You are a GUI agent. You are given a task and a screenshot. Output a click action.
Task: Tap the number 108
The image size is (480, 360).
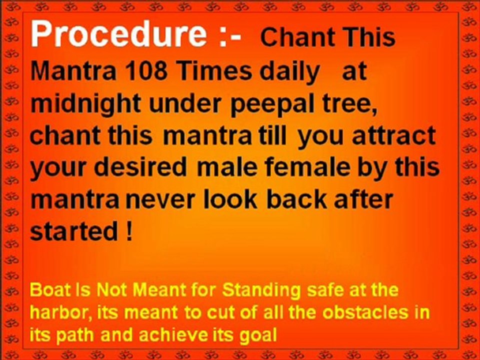click(x=128, y=71)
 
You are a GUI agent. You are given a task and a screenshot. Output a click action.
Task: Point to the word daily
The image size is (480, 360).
click(x=290, y=71)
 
